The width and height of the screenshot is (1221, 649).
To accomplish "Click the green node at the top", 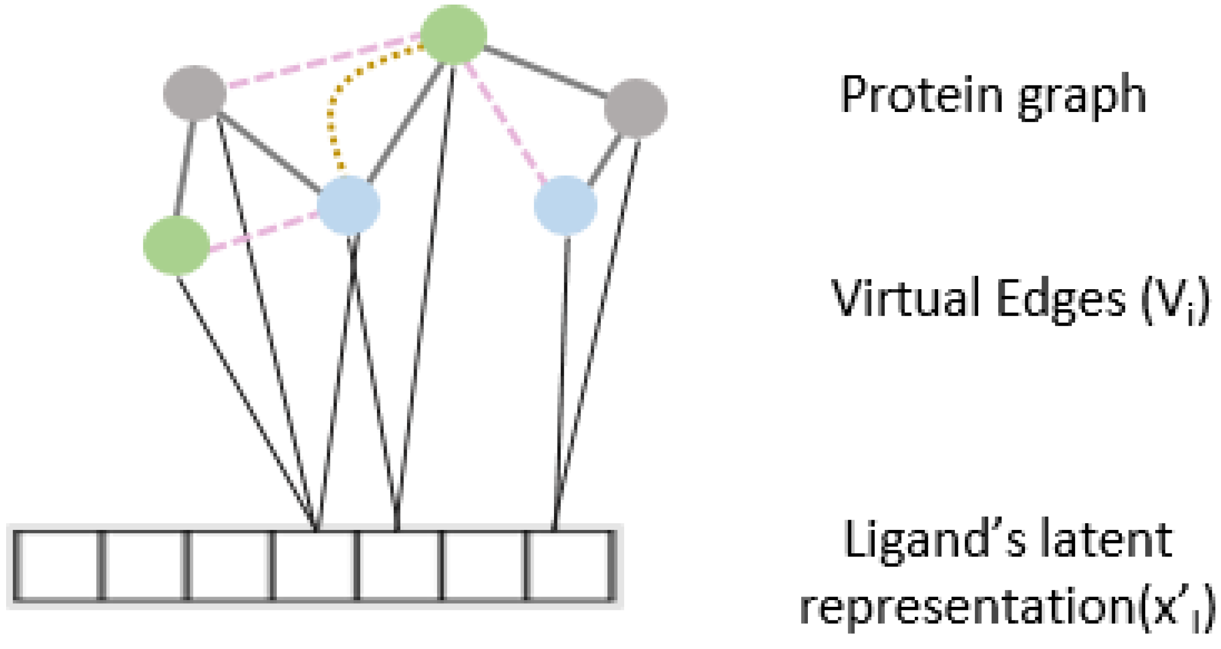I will [453, 34].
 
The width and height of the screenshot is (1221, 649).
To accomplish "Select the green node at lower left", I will [177, 245].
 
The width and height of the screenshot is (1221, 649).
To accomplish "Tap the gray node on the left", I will [194, 93].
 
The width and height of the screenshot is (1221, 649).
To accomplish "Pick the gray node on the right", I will [635, 108].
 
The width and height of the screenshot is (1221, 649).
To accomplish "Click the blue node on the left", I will [348, 206].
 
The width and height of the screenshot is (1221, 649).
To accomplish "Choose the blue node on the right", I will [565, 206].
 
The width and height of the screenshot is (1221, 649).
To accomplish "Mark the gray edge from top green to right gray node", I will [544, 72].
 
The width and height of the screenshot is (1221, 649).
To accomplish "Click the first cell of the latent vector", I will [57, 566].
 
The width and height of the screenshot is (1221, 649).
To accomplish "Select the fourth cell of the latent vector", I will [315, 566].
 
